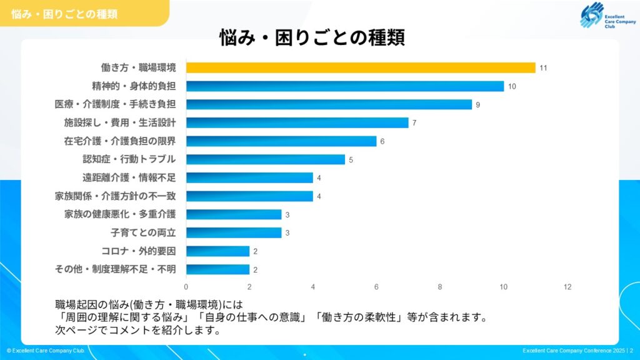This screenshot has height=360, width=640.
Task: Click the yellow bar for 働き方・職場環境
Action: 361,67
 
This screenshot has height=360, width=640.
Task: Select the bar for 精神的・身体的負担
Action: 345,86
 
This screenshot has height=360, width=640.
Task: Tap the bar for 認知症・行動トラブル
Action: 266,159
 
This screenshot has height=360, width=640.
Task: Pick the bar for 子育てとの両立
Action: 234,232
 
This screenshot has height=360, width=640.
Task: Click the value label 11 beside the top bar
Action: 543,68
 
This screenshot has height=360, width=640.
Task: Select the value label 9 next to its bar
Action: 478,105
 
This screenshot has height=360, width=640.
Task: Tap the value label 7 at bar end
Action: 414,123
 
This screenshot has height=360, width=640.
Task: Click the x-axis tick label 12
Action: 567,287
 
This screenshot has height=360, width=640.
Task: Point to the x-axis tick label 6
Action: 377,287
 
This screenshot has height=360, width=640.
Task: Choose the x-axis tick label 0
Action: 186,287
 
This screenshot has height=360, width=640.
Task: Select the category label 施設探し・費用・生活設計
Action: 120,122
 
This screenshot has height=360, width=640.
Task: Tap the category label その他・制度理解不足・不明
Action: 116,269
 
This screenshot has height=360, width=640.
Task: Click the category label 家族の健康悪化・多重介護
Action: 120,214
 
